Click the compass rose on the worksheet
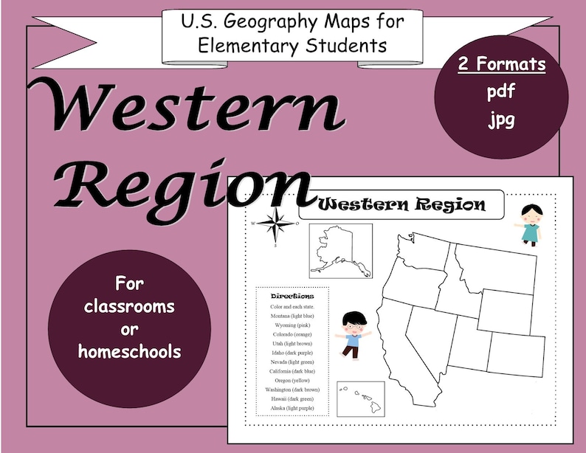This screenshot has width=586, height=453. point(275,223)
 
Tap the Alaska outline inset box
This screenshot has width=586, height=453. point(339,251)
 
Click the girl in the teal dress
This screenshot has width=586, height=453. point(531,224)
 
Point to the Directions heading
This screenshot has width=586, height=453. point(293,295)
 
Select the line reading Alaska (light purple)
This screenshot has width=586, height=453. point(293,408)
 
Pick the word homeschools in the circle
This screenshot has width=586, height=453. point(130,352)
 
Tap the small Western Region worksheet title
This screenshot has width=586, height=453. point(401,204)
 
